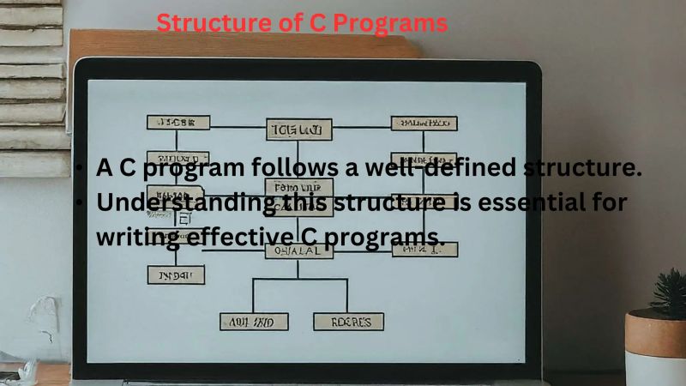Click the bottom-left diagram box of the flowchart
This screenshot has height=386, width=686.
pyautogui.click(x=255, y=322)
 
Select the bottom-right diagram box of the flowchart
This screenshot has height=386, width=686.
pyautogui.click(x=348, y=322)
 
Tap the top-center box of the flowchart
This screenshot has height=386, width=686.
pyautogui.click(x=298, y=129)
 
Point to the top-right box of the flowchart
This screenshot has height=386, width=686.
pyautogui.click(x=424, y=124)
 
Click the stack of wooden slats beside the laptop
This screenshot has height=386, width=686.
pyautogui.click(x=34, y=86)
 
